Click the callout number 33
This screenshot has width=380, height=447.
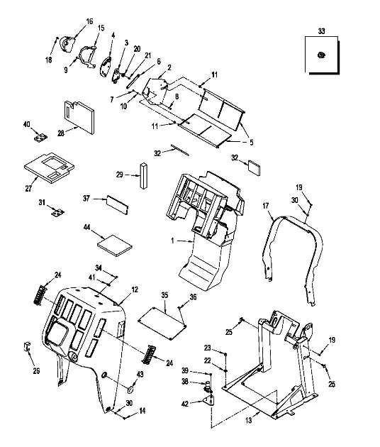pos(321,31)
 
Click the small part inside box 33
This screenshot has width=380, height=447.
pos(321,55)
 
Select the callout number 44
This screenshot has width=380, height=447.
pos(87,227)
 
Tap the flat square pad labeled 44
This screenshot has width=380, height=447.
pos(115,245)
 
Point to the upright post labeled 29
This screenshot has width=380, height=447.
pos(144,176)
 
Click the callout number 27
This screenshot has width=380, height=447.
pos(28,189)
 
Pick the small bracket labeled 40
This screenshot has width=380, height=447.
pos(40,138)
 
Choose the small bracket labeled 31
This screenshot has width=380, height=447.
pos(58,213)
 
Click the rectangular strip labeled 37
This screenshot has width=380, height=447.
pos(118,204)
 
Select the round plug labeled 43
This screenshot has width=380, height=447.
pos(131,390)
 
